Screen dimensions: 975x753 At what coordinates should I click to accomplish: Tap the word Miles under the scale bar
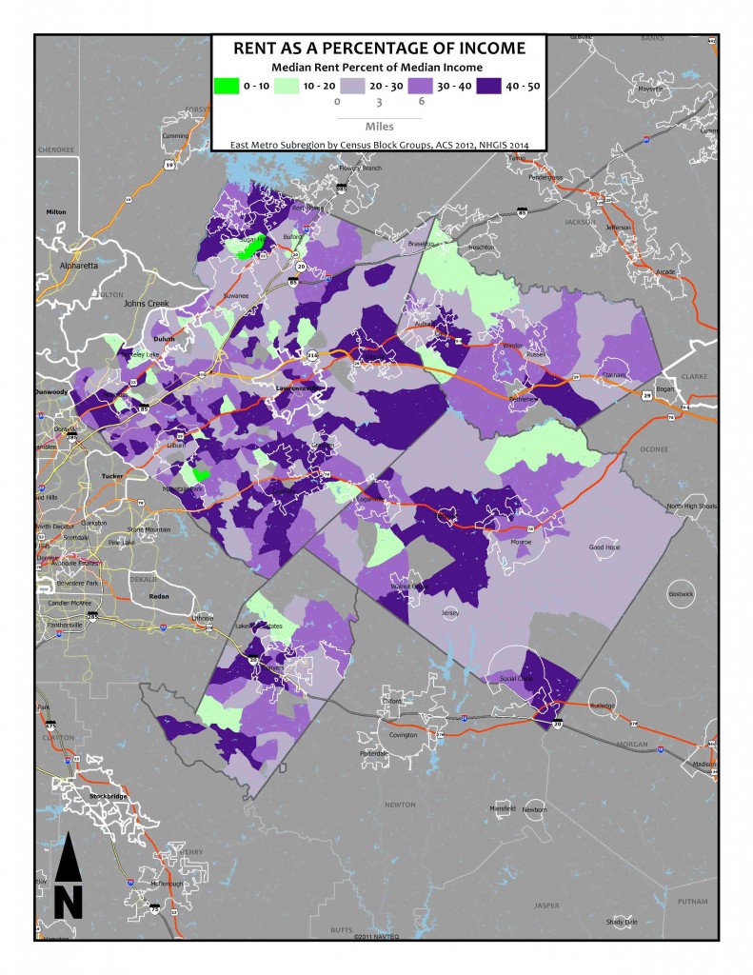(379, 125)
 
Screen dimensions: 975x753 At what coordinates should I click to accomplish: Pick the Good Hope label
(605, 547)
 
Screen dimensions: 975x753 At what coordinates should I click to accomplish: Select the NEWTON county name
(400, 805)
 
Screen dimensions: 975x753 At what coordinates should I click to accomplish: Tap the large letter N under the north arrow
(67, 898)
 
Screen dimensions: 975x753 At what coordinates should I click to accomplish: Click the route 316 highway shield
(312, 355)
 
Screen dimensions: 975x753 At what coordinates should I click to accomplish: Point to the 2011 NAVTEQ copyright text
(379, 936)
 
